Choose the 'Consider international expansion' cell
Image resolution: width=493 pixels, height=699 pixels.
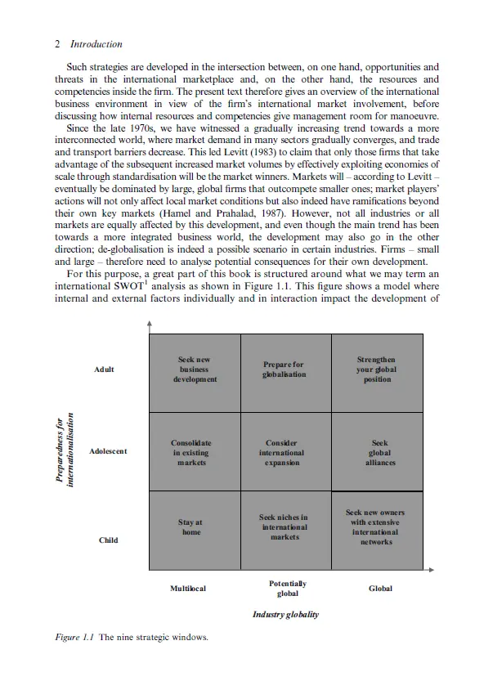point(282,452)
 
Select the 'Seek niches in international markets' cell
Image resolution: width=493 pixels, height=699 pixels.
point(283,527)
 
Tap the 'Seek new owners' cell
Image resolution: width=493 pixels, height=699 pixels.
point(376,527)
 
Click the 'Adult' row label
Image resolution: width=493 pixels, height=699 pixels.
point(105,370)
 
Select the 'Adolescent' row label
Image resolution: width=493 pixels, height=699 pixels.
point(108,451)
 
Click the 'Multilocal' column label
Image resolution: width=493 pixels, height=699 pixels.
point(187,589)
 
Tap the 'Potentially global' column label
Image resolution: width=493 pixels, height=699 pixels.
point(288,589)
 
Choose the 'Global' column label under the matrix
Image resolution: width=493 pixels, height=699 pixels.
point(380,589)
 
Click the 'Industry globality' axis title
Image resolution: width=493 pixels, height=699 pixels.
point(285,615)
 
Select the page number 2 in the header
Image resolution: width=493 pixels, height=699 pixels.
point(56,44)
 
